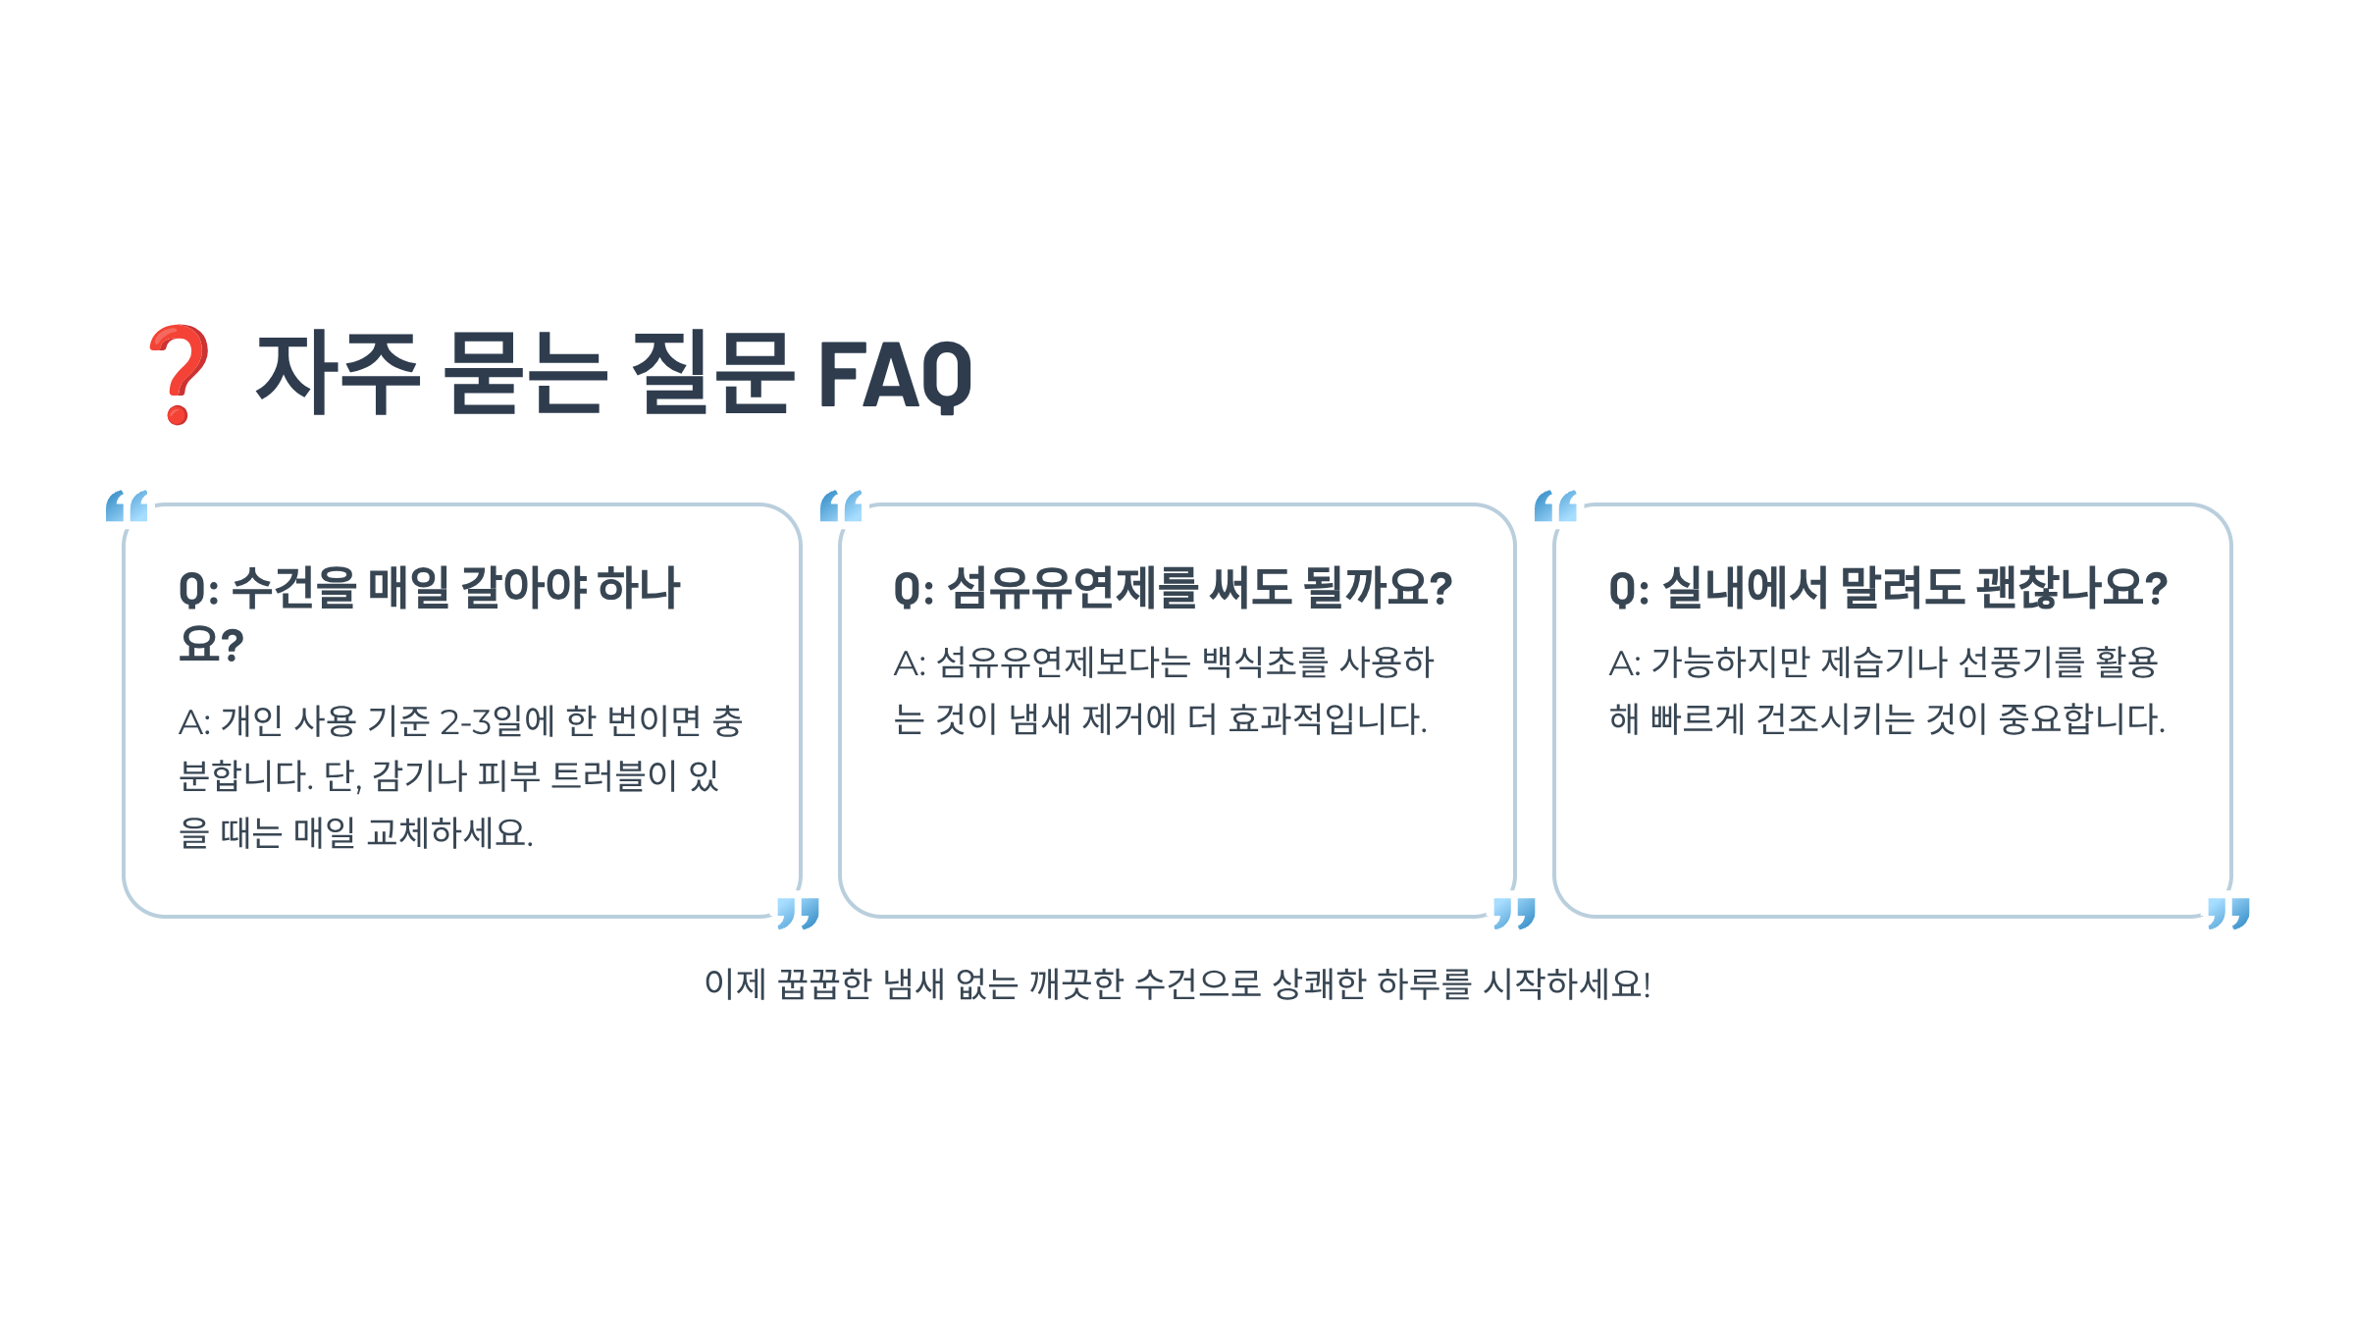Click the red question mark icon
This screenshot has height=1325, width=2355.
coord(179,374)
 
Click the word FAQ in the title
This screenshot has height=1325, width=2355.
coord(894,375)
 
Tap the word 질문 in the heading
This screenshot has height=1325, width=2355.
coord(711,373)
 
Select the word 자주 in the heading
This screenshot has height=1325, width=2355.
coord(338,373)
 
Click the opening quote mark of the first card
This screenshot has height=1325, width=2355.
coord(128,506)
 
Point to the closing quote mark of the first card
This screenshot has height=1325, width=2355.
coord(798,913)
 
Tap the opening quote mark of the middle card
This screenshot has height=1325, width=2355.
coord(842,506)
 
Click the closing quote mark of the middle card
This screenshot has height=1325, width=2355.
coord(1514,913)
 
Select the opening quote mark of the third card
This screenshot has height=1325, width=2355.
coord(1556,506)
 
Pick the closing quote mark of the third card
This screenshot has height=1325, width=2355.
coord(2228,913)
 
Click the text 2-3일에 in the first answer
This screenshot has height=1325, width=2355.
coord(497,721)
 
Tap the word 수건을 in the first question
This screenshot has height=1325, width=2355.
coord(294,589)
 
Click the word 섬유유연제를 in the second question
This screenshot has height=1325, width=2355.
coord(1073,589)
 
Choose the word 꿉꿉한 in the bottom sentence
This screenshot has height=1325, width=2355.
coord(824,983)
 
